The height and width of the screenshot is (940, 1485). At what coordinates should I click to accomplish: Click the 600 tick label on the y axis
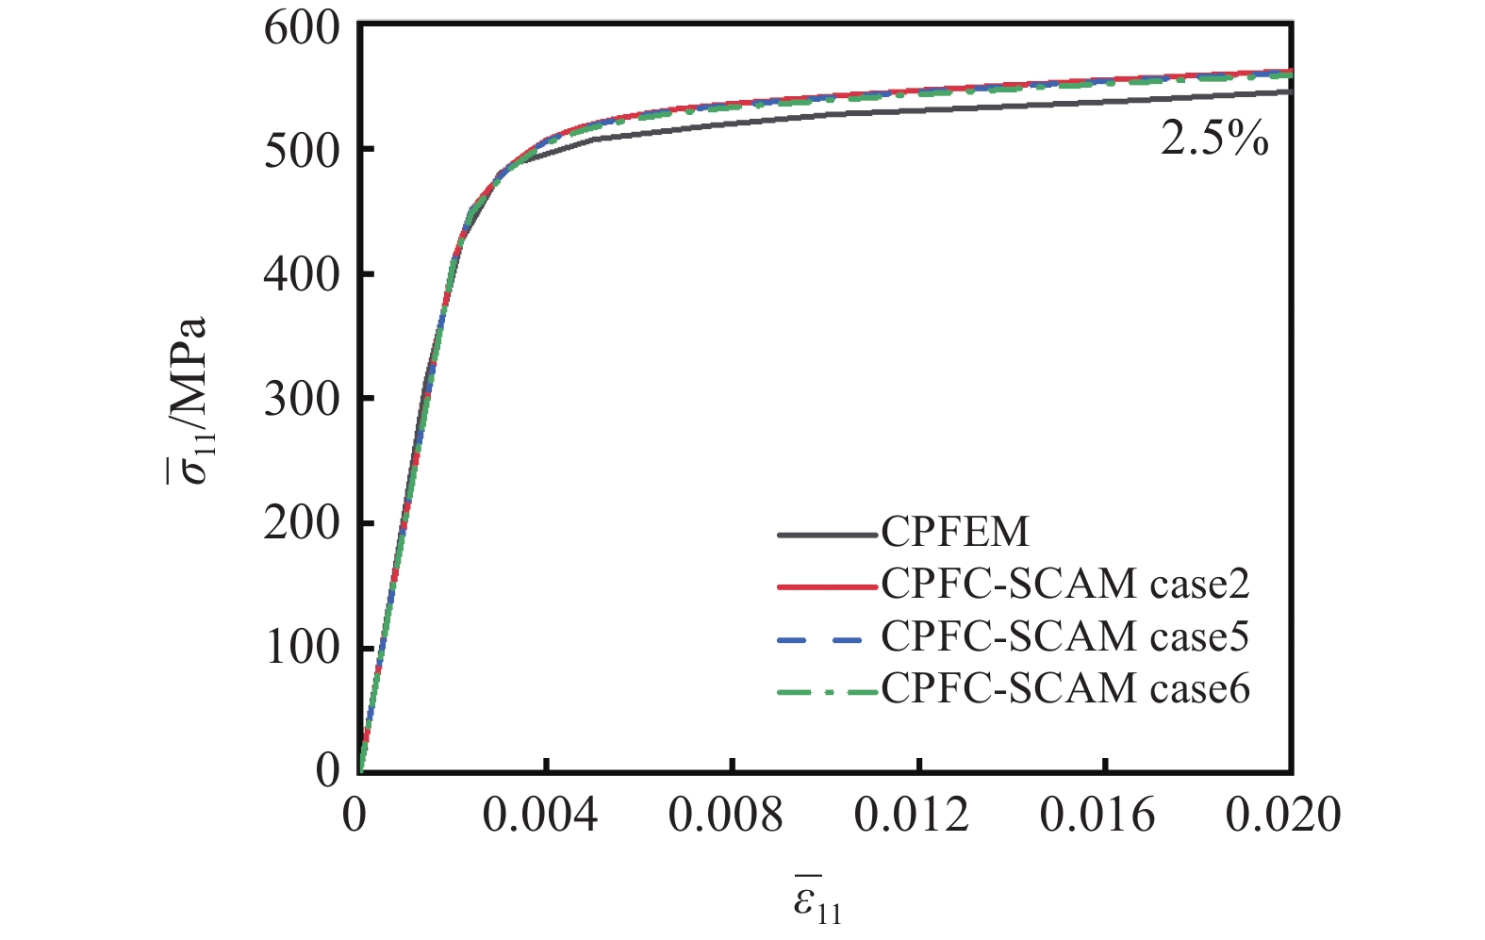tap(301, 28)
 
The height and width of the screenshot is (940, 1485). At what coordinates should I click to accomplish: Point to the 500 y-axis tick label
tap(301, 151)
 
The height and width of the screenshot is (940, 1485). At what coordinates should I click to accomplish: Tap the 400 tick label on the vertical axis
tap(301, 275)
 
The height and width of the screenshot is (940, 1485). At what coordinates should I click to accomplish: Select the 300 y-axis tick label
tap(301, 400)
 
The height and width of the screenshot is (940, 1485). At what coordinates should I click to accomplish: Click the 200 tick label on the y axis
tap(301, 524)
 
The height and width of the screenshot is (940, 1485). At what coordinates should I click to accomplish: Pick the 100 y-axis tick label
tap(301, 649)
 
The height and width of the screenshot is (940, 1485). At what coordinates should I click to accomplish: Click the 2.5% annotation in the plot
tap(1214, 140)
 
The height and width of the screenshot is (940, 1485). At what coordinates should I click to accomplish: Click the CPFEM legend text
tap(955, 533)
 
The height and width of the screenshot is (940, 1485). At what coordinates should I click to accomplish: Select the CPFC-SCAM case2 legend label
tap(1065, 585)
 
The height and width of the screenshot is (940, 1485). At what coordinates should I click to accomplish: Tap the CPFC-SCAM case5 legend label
tap(1065, 637)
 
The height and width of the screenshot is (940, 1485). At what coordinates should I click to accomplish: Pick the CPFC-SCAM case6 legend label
tap(1065, 689)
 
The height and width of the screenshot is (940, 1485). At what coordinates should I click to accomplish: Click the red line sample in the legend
tap(827, 586)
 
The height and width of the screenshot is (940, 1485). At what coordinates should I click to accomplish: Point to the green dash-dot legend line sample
tap(827, 692)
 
